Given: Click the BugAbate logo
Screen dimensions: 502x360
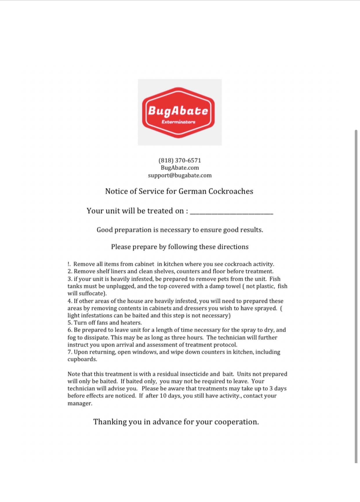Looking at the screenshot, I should click(179, 112).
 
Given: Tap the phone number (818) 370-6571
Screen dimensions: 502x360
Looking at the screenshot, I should click(180, 160).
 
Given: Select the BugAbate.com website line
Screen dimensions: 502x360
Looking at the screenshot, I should click(180, 168).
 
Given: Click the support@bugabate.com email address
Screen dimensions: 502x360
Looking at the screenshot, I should click(180, 175).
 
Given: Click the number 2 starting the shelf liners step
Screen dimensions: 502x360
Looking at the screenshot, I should click(70, 271).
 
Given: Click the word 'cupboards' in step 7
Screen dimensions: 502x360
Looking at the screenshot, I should click(81, 359).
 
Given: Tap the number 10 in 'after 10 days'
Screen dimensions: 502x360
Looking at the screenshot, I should click(163, 396).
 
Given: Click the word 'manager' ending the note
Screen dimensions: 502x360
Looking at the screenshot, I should click(79, 403).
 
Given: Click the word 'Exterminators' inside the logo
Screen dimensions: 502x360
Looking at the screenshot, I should click(179, 122).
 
